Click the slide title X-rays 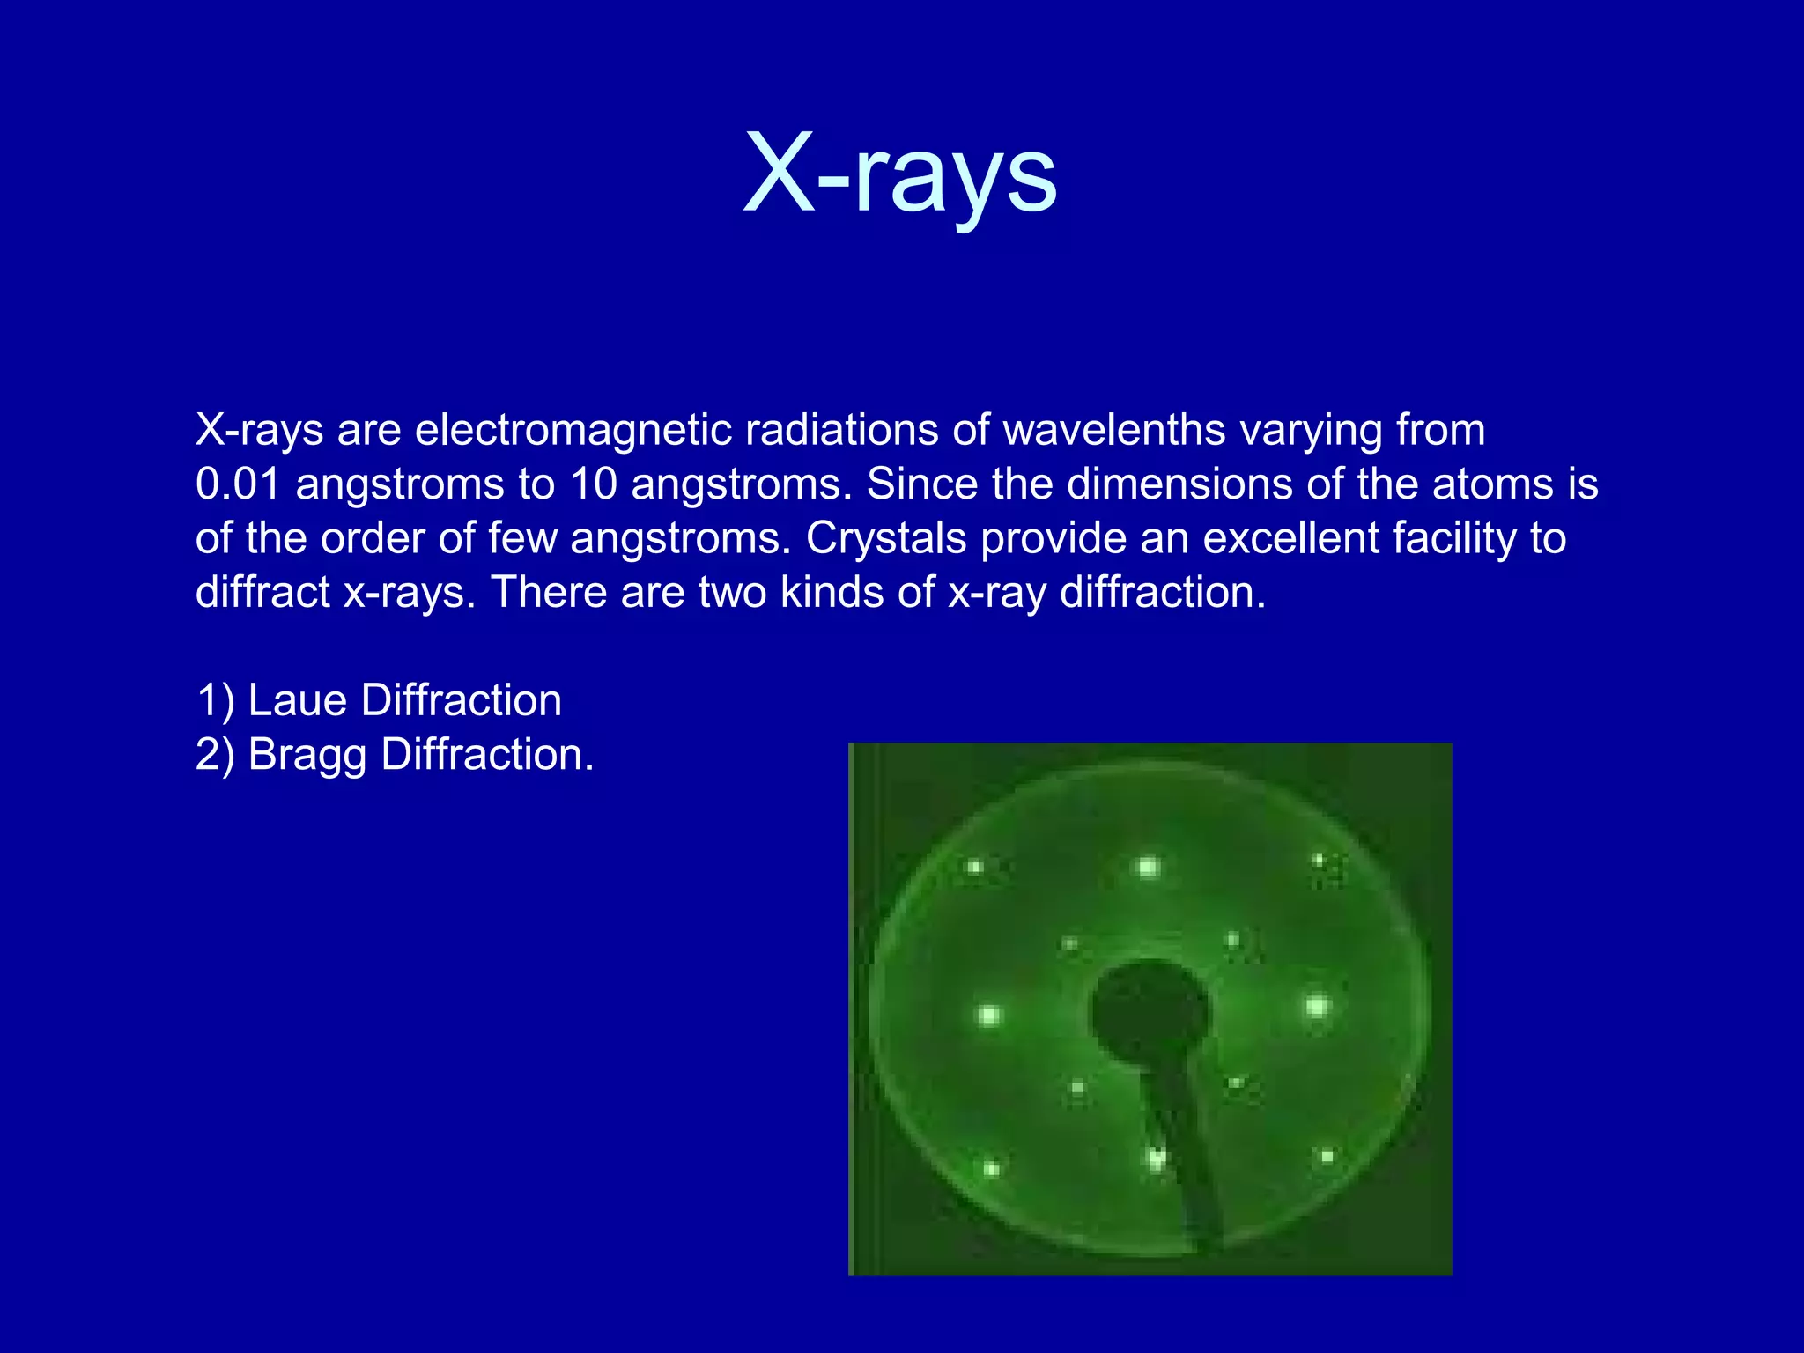[x=899, y=174]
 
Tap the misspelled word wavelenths [x=1114, y=431]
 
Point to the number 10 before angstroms [x=594, y=484]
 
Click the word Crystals [x=885, y=538]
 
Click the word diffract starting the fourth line [x=262, y=592]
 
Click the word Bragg [x=307, y=756]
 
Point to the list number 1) [x=215, y=701]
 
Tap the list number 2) [x=215, y=756]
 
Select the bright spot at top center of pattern [x=1148, y=868]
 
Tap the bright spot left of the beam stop [x=988, y=1016]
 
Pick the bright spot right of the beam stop [x=1317, y=1005]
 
